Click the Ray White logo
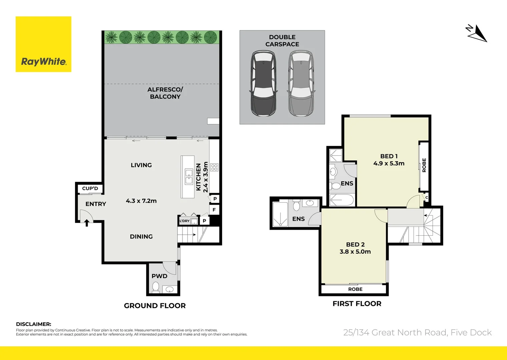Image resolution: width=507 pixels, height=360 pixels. pos(43,44)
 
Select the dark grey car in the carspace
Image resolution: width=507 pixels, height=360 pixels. pos(263,83)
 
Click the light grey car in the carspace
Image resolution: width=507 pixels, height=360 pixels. pos(301,83)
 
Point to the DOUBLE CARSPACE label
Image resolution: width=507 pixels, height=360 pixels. pos(282,41)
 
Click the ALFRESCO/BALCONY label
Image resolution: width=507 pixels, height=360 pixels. pos(165,93)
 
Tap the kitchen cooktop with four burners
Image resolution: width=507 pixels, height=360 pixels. pos(214,167)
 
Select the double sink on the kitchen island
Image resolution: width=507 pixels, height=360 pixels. pos(189,177)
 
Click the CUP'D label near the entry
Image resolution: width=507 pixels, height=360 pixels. pos(90,188)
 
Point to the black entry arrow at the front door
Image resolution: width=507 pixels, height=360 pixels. pos(87,222)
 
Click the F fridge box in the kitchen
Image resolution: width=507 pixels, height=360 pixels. pos(214,210)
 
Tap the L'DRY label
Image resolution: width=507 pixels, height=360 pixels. pos(184,221)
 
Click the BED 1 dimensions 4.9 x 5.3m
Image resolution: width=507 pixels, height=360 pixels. pos(389,163)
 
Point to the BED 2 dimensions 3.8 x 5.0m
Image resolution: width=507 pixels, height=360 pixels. pos(355,252)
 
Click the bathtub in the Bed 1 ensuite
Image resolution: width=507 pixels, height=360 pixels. pos(341,201)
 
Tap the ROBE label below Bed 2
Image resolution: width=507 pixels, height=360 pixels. pos(355,289)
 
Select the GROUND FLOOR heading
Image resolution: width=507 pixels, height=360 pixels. pos(155,306)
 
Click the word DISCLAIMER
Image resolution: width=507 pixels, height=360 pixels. pos(34,324)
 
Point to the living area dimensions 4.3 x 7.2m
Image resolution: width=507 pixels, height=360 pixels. pos(141,201)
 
